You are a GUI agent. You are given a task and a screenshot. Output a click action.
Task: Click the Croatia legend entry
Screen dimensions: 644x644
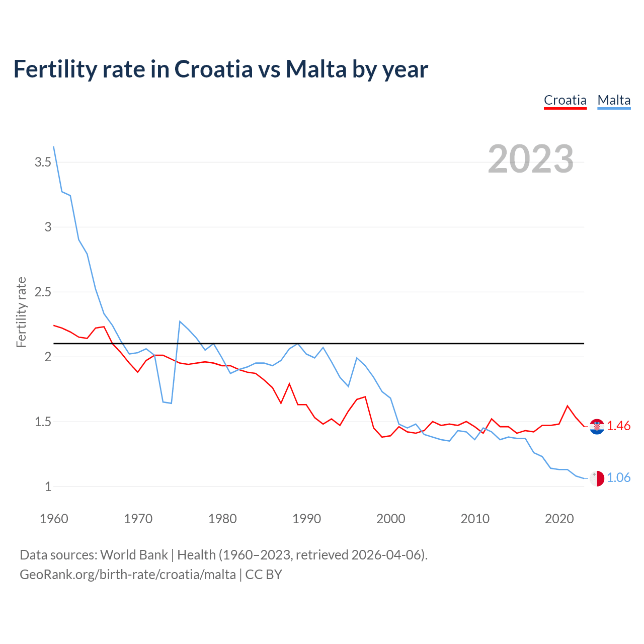(x=565, y=100)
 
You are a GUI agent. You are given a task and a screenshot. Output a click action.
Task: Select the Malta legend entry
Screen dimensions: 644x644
(x=614, y=100)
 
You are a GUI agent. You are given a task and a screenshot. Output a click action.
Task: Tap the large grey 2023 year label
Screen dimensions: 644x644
(x=531, y=159)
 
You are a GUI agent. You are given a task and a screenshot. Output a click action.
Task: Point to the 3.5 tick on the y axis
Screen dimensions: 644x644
(x=43, y=162)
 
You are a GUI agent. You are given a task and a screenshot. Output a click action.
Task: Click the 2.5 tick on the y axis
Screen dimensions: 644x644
(x=43, y=292)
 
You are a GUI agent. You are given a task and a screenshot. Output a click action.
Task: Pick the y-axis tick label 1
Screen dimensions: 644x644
(x=48, y=487)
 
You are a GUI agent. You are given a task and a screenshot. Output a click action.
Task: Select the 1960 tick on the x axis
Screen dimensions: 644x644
(x=54, y=519)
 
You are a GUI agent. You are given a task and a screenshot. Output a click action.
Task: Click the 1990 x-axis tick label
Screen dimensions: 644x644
(x=306, y=519)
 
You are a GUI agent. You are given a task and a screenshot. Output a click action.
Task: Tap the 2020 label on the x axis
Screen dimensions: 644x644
(x=559, y=519)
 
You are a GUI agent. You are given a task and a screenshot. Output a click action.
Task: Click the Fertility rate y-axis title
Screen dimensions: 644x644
(x=21, y=312)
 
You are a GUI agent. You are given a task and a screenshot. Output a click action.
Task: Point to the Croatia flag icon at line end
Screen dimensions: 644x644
(x=597, y=427)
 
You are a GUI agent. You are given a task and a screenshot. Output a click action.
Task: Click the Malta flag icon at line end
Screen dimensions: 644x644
(x=597, y=478)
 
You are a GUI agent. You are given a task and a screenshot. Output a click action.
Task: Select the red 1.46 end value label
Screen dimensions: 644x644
(x=618, y=426)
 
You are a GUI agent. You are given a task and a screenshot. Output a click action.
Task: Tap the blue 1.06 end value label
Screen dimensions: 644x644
(x=618, y=477)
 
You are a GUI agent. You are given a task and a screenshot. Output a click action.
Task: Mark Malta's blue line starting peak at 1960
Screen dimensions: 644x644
(x=54, y=147)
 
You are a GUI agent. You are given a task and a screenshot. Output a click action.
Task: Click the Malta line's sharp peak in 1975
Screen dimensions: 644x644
(x=180, y=321)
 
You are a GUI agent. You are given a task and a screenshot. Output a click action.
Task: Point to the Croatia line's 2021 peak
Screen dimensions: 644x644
(x=568, y=406)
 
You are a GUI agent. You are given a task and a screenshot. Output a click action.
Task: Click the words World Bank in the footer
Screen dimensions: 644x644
(x=134, y=555)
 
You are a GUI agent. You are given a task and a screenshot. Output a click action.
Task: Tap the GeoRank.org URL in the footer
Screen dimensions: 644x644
(x=127, y=575)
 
